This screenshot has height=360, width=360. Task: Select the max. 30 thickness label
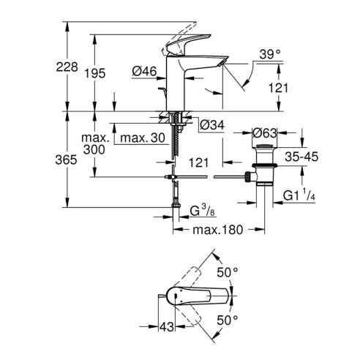[x=141, y=138]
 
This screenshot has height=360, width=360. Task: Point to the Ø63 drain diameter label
[x=263, y=133]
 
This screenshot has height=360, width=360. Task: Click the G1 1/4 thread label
[x=299, y=195]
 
